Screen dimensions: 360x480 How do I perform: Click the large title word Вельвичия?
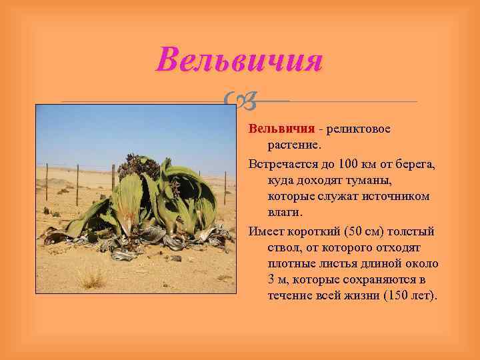[x=239, y=60]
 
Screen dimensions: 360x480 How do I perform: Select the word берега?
[x=416, y=163]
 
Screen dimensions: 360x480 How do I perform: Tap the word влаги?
[x=285, y=213]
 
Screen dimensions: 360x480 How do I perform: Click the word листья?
[x=325, y=263]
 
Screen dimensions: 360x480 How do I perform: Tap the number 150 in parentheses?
[x=399, y=295]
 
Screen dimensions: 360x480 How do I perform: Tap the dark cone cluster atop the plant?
[x=142, y=164]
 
